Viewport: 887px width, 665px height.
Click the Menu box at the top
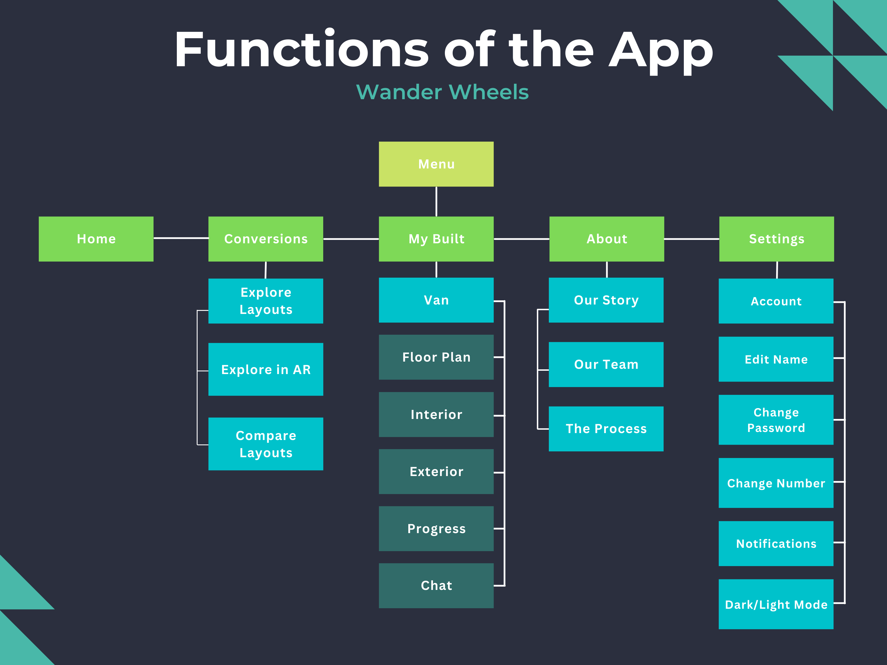(x=436, y=164)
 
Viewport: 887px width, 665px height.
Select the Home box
(x=96, y=239)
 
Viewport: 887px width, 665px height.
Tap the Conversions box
(x=266, y=239)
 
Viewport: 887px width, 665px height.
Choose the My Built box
(x=436, y=239)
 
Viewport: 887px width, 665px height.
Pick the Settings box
(x=776, y=239)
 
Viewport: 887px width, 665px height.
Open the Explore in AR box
(x=266, y=369)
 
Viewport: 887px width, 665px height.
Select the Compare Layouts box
(x=266, y=444)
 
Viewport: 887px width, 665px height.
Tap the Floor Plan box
(x=436, y=357)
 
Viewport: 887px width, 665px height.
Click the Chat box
(x=436, y=586)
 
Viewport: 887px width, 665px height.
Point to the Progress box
(x=436, y=529)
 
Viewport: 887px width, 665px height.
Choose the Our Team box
(x=606, y=364)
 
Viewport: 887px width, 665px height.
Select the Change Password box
(x=776, y=420)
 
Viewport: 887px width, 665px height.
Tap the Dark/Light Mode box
(x=776, y=604)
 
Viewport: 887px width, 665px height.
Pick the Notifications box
(x=776, y=544)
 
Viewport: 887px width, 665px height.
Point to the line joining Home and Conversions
(x=181, y=238)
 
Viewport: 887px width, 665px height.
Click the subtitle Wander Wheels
(x=442, y=92)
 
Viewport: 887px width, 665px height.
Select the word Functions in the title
(x=302, y=49)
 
